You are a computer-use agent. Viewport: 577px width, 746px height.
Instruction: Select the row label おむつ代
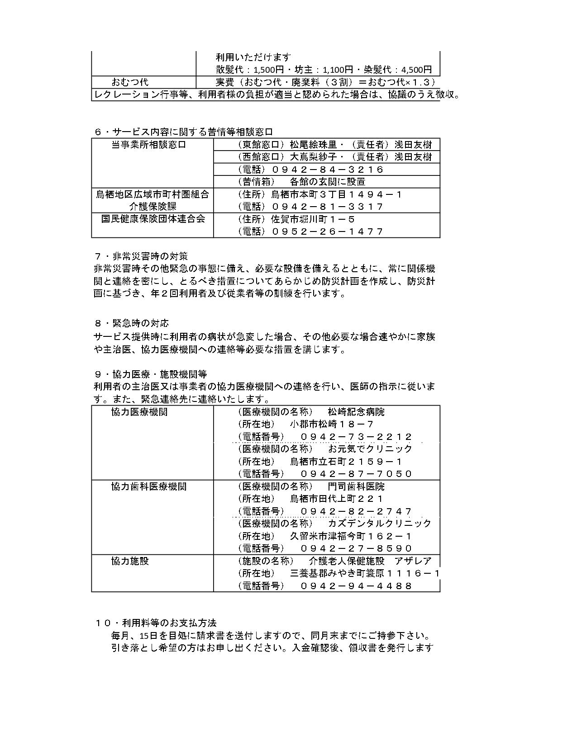click(x=130, y=82)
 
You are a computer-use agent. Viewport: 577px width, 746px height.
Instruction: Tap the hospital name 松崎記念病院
click(x=356, y=412)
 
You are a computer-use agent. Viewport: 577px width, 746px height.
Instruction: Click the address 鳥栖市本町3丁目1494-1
click(x=336, y=194)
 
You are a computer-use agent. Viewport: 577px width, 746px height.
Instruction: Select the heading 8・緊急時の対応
click(x=132, y=323)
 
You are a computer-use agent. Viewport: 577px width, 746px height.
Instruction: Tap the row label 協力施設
click(x=130, y=561)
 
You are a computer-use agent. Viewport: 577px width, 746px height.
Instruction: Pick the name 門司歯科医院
click(x=356, y=486)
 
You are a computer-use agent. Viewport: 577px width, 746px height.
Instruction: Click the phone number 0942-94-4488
click(x=356, y=586)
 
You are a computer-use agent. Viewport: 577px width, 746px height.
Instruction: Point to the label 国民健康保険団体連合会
click(x=153, y=219)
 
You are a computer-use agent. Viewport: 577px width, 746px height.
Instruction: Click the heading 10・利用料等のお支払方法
click(x=158, y=623)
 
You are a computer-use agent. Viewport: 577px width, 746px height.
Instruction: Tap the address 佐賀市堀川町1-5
click(x=313, y=219)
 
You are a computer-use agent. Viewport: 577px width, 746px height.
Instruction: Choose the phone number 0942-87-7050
click(x=356, y=474)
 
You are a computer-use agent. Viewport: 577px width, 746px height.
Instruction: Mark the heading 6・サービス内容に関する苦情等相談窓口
click(x=183, y=132)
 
